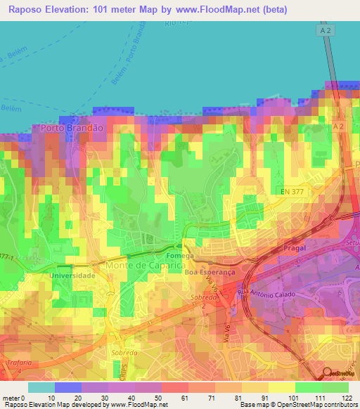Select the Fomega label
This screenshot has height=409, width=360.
(176, 256)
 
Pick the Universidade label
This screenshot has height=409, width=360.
(72, 275)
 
